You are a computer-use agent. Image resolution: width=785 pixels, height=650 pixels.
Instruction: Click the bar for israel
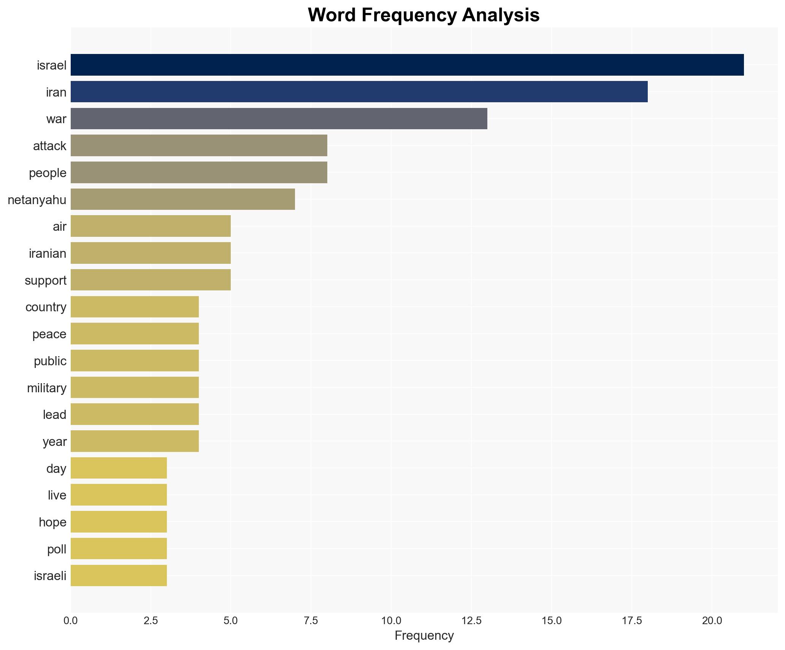coord(407,65)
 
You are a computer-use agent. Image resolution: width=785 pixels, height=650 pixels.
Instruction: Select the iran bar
coord(359,92)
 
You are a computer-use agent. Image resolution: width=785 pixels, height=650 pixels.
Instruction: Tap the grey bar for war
coord(279,119)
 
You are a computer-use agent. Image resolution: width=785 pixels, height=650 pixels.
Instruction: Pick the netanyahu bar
coord(182,200)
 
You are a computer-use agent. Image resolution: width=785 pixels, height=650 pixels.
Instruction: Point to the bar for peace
coord(135,334)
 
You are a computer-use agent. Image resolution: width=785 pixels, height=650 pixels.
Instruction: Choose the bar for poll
coord(119,549)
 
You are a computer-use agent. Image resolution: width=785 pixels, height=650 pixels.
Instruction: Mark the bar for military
coord(135,388)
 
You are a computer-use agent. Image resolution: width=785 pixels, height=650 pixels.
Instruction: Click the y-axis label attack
coord(49,146)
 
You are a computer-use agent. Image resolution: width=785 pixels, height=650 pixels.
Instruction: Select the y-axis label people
coord(48,173)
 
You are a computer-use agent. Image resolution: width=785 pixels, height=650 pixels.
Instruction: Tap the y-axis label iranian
coord(48,254)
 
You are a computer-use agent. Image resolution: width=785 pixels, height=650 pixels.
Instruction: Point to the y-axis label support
coord(46,281)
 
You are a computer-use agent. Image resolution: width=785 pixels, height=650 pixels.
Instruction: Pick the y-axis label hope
coord(52,522)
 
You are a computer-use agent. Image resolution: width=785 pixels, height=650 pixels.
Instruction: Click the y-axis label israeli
coord(50,576)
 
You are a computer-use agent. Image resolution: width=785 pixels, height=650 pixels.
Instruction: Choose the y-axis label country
coord(46,307)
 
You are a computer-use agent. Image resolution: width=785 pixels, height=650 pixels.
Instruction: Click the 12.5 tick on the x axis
coord(471,621)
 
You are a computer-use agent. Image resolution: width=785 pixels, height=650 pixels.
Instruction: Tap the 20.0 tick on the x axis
coord(712,621)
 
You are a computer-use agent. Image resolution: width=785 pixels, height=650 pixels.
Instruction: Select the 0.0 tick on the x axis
coord(71,621)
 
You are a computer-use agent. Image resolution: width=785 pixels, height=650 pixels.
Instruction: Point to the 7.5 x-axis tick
coord(311,621)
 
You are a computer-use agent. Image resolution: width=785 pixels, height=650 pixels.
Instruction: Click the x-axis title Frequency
coord(424,636)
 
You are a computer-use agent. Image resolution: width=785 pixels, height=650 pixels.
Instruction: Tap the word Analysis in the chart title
coord(501,15)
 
